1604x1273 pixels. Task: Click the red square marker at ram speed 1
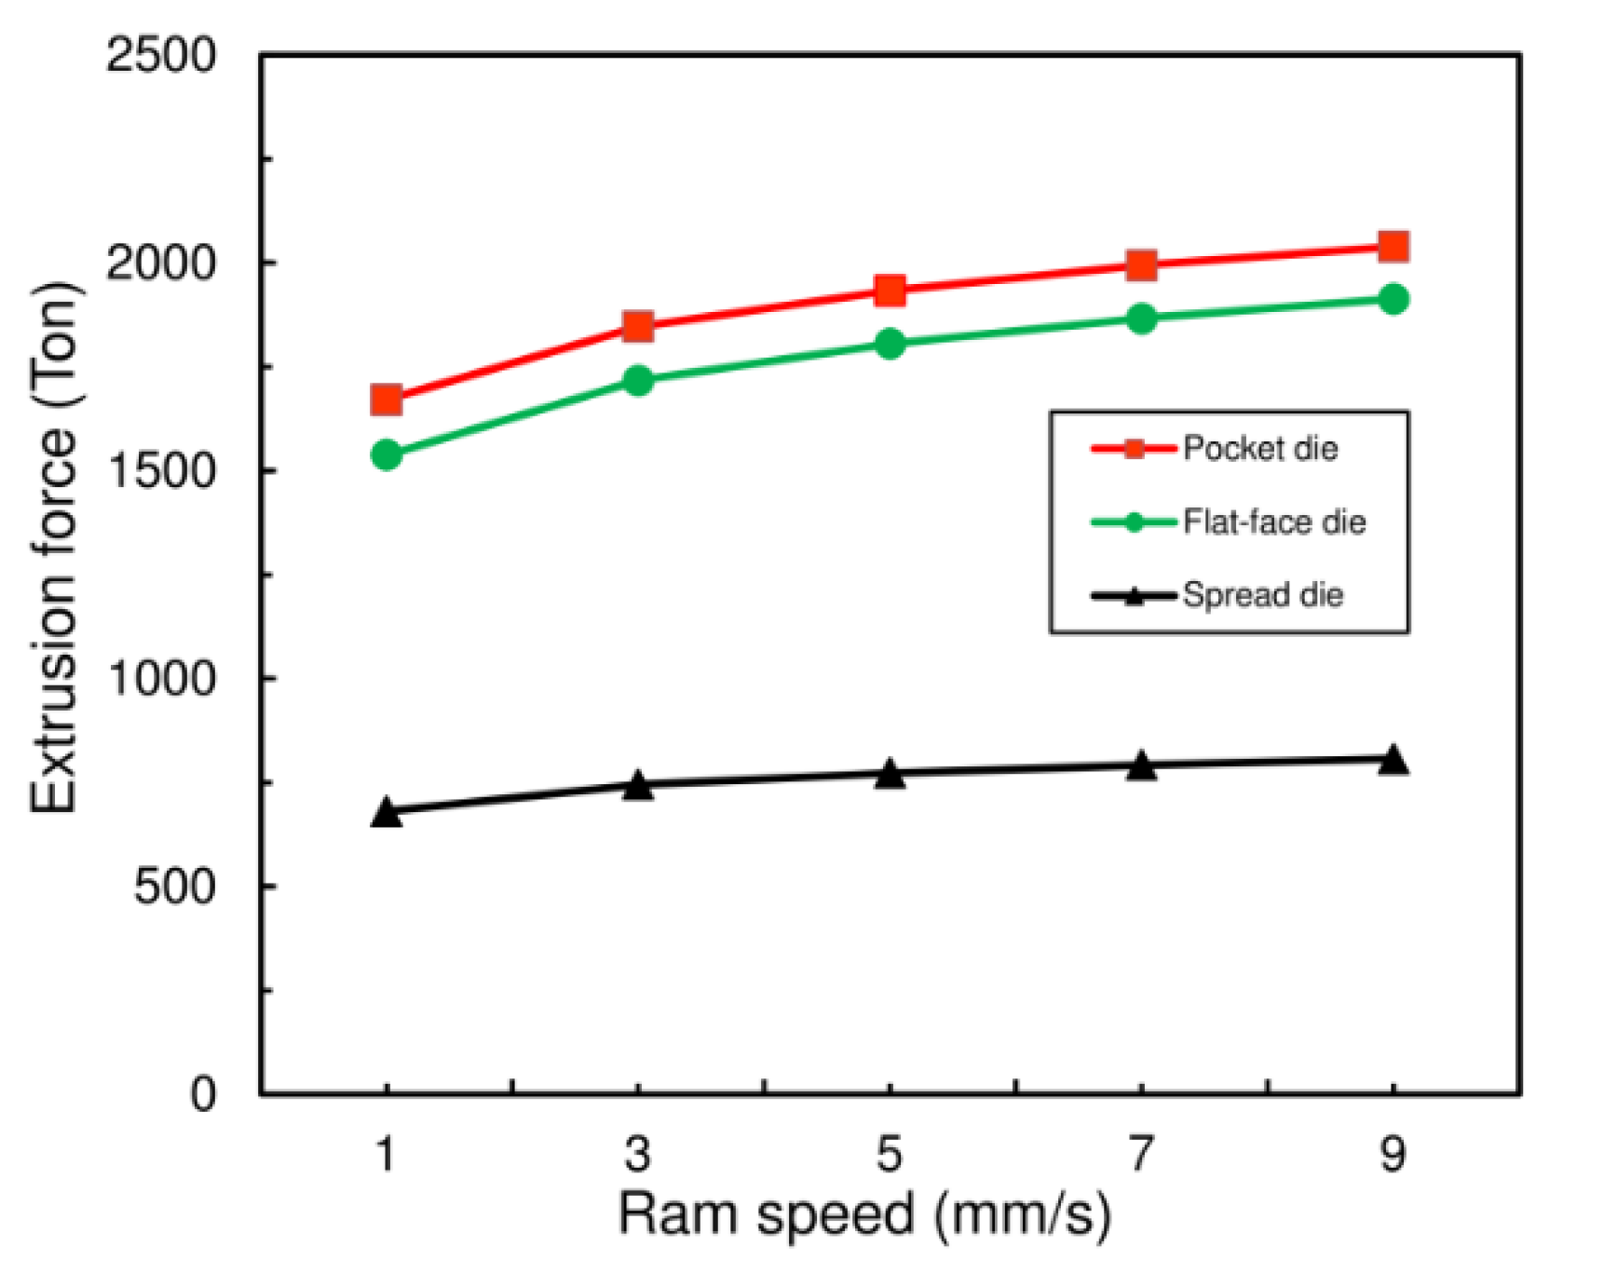386,400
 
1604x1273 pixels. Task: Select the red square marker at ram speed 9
1393,247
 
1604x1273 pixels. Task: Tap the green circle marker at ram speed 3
638,380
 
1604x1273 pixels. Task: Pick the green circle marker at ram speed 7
1141,318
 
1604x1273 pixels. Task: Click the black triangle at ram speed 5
890,774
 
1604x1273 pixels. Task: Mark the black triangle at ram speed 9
1393,760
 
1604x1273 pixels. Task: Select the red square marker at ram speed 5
890,291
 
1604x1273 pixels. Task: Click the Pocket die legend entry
1259,449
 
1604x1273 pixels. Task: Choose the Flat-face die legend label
1273,521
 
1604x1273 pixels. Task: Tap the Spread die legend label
1262,594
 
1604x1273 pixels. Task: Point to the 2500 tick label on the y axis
160,55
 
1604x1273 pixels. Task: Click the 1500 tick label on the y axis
160,470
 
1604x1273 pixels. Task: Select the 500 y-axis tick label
174,886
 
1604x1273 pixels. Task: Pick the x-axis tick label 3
637,1155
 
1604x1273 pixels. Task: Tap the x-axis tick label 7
1141,1155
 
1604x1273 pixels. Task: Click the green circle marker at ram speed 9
1393,300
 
